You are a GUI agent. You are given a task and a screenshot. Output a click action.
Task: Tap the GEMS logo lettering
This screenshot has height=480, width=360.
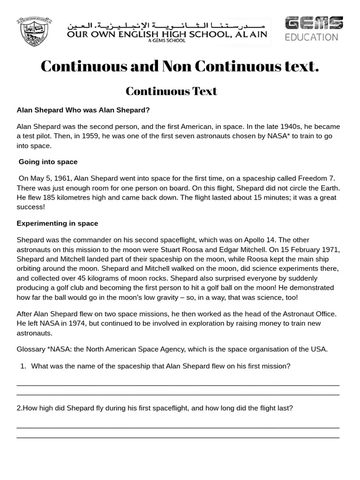(x=314, y=23)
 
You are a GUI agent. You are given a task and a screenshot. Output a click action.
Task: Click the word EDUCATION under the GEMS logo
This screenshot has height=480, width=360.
(x=312, y=37)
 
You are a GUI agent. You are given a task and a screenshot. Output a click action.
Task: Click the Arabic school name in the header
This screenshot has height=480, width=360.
(x=167, y=25)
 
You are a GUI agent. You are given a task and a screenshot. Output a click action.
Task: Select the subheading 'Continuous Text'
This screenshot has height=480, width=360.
(x=172, y=91)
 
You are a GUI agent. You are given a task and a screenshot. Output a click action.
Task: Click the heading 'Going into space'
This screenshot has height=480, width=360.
(x=48, y=162)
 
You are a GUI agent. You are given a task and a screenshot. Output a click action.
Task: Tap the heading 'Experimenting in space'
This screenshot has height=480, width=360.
(x=57, y=223)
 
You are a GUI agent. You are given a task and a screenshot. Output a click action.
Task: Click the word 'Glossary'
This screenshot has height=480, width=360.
(x=31, y=349)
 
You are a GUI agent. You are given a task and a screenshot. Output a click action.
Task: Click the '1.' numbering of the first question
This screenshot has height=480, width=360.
(x=23, y=366)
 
